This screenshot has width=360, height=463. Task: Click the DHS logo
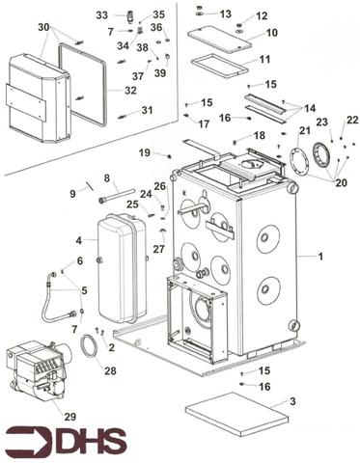[x=67, y=440]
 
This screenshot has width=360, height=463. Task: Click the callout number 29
[x=70, y=417]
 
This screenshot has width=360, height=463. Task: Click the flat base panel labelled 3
[x=236, y=414]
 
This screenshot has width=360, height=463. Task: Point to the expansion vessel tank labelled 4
[x=122, y=268]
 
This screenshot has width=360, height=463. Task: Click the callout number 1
[x=320, y=257]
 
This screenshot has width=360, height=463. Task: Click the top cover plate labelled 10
[x=220, y=40]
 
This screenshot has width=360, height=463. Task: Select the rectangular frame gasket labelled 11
[x=220, y=67]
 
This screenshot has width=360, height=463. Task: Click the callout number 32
[x=130, y=91]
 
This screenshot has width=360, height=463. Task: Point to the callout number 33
[x=102, y=15]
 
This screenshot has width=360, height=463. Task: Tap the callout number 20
[x=341, y=182]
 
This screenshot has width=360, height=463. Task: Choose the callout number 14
[x=310, y=108]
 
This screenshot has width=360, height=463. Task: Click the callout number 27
[x=158, y=249]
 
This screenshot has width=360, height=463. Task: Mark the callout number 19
[x=145, y=152]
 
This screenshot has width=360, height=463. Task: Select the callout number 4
[x=79, y=240]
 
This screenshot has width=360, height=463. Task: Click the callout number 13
[x=226, y=14]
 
